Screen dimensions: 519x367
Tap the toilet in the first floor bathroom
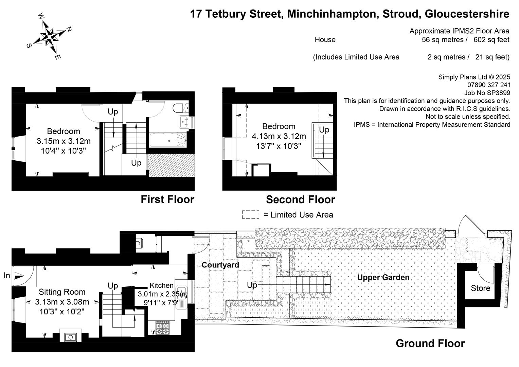coord(180,108)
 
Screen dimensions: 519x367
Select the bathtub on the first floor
coord(168,140)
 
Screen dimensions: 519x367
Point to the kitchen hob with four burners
coord(162,328)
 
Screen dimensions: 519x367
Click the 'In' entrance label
coord(7,276)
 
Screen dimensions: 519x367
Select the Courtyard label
coord(220,265)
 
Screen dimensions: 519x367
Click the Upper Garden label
coord(383,277)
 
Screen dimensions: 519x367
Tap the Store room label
coord(481,288)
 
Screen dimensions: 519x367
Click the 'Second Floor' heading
coord(301,199)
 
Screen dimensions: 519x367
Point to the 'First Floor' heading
coord(167,199)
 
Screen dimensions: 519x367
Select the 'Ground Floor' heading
coord(430,343)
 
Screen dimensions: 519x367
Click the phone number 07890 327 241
coord(489,85)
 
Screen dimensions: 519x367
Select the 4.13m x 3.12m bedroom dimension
coord(279,136)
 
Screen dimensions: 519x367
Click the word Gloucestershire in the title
coord(467,14)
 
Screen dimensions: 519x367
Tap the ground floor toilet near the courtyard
coord(139,243)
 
